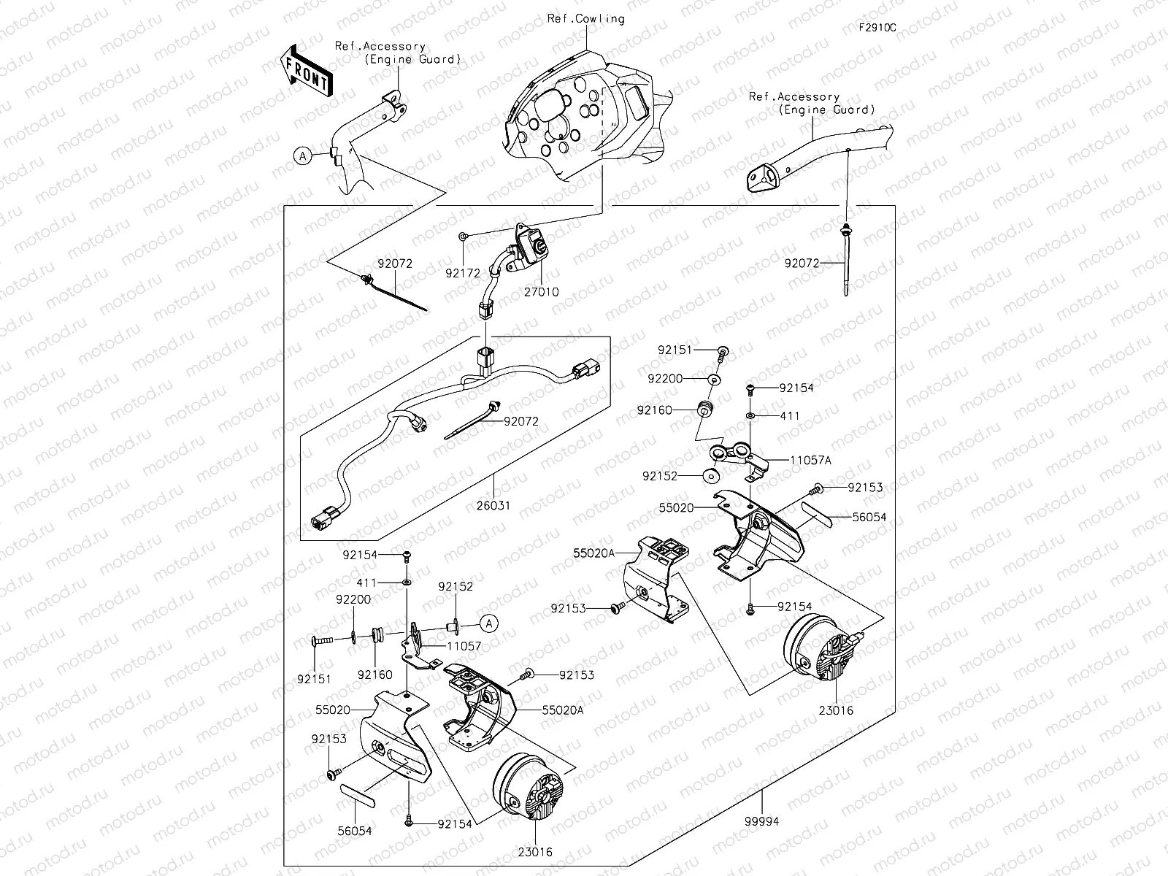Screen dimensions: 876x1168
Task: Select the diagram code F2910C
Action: (x=877, y=28)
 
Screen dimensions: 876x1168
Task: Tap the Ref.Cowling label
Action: (x=585, y=19)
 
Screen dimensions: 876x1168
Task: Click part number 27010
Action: (x=542, y=292)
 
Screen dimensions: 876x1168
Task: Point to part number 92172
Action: (x=463, y=274)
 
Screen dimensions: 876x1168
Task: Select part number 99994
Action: (x=763, y=821)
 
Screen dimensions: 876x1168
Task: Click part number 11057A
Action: (x=810, y=461)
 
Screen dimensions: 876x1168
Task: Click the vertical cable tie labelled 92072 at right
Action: (x=847, y=263)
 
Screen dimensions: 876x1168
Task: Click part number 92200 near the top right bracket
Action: (x=665, y=379)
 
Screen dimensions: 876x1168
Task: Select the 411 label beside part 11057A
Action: (x=790, y=416)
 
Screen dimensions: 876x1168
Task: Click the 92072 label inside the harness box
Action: (x=520, y=421)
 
